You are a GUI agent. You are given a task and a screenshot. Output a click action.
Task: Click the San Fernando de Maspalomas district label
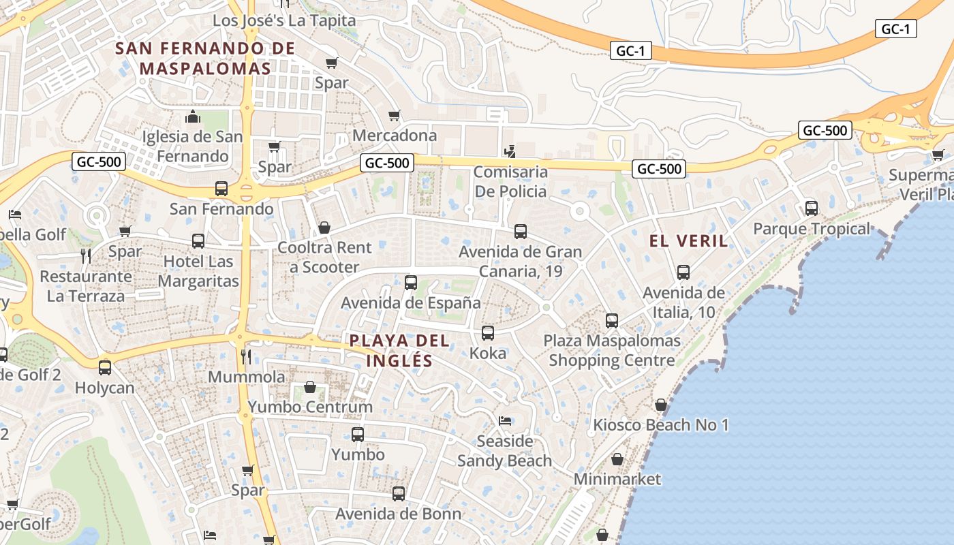(205, 58)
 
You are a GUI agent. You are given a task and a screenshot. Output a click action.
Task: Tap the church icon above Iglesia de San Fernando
(193, 116)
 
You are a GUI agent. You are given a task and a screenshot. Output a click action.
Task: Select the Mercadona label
(395, 135)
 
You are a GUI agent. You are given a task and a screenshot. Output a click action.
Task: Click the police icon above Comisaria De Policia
(510, 151)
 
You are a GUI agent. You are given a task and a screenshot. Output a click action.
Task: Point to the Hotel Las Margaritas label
(198, 271)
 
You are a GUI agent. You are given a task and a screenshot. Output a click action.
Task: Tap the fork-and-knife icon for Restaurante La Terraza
(86, 256)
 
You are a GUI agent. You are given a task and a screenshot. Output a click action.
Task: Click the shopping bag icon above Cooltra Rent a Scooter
(324, 228)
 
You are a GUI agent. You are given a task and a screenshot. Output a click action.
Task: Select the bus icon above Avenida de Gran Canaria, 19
(521, 232)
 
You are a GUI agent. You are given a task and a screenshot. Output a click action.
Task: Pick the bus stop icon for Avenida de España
(410, 283)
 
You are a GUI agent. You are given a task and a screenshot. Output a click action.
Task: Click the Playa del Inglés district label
(400, 350)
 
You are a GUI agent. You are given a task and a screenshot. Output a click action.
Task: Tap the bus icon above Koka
(488, 333)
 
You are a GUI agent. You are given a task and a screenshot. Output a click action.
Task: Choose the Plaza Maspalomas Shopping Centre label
(612, 350)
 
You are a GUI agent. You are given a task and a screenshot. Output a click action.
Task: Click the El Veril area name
(688, 240)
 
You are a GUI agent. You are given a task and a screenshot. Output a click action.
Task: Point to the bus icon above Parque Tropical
(811, 208)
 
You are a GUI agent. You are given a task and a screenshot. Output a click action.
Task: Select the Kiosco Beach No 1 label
(660, 425)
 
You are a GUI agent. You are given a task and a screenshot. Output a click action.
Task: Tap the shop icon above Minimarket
(617, 460)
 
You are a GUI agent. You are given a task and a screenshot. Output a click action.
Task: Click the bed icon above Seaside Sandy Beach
(505, 420)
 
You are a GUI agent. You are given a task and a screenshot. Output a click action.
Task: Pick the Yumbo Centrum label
(310, 407)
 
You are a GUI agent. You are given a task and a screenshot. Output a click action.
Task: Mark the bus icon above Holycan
(105, 368)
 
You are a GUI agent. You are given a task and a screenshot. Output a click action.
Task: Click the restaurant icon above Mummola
(247, 356)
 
